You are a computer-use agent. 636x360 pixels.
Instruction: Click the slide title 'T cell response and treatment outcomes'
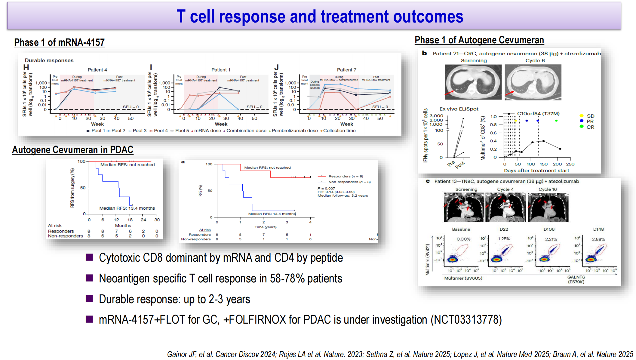320,16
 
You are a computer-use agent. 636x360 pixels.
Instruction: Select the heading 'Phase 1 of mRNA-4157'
59,42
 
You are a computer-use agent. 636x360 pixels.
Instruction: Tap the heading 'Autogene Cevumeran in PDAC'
72,150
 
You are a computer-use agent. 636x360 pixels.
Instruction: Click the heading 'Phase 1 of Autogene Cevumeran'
479,40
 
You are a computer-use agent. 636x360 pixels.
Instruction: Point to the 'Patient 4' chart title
97,70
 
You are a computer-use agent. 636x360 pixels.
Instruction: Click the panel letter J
276,67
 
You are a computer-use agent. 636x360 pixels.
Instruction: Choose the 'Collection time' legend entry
339,131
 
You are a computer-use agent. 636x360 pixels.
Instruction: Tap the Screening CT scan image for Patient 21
473,82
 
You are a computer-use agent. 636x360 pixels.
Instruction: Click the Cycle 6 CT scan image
533,82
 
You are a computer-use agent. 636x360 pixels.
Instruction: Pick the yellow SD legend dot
582,116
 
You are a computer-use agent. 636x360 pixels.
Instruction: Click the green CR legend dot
582,127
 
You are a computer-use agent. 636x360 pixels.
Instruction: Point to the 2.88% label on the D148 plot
598,239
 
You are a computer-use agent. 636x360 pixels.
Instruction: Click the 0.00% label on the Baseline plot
463,239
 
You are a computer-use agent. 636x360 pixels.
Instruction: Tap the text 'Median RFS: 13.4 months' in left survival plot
127,208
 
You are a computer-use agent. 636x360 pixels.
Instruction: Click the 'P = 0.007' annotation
326,188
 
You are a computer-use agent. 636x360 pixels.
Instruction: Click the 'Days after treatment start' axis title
536,171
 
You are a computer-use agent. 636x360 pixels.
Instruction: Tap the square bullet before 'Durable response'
89,299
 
